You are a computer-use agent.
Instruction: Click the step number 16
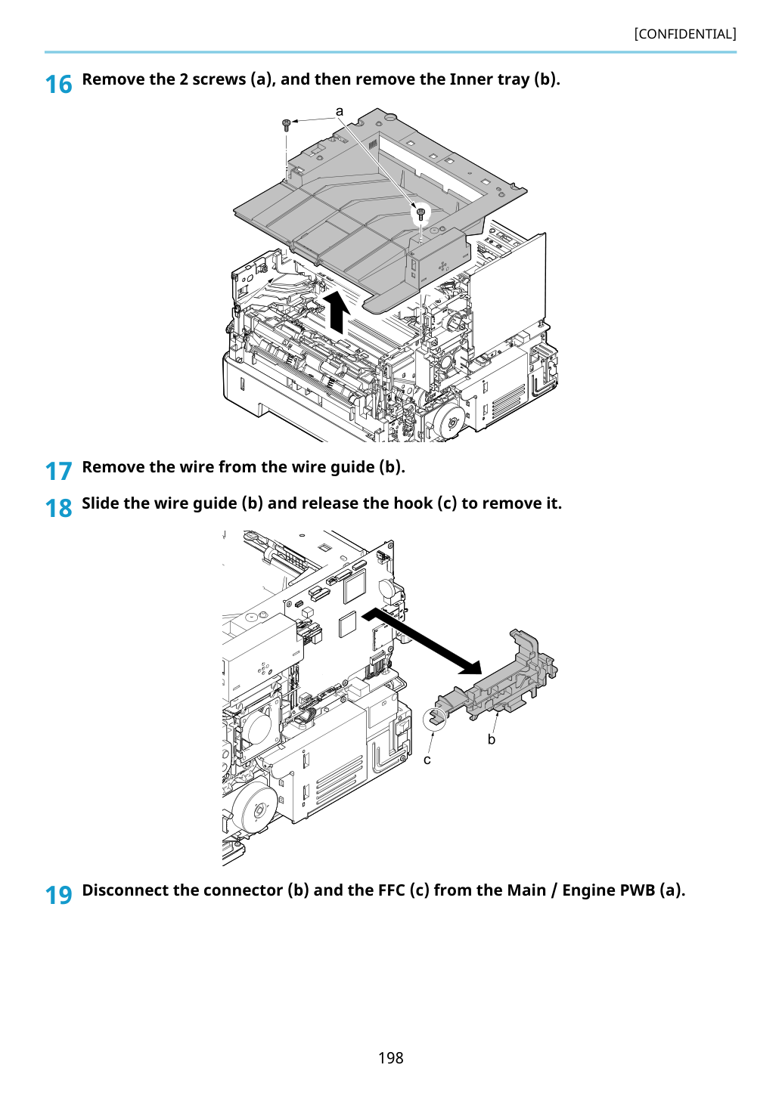[x=58, y=85]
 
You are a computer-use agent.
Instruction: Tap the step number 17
[x=58, y=471]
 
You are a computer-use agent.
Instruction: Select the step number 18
[x=58, y=508]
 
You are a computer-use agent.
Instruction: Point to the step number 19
[x=58, y=895]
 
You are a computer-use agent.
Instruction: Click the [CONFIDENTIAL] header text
[x=684, y=34]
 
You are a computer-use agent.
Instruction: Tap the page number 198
[x=390, y=1057]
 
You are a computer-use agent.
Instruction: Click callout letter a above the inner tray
[x=339, y=112]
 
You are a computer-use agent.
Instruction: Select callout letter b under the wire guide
[x=492, y=739]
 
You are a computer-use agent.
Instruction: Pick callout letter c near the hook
[x=427, y=760]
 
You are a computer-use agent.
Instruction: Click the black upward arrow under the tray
[x=337, y=311]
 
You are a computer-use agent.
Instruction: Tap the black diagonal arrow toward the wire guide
[x=421, y=640]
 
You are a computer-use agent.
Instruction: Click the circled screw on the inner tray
[x=420, y=214]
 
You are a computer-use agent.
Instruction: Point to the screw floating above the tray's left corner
[x=286, y=125]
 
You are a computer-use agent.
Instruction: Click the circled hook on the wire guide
[x=435, y=717]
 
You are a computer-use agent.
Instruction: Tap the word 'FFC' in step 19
[x=392, y=890]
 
